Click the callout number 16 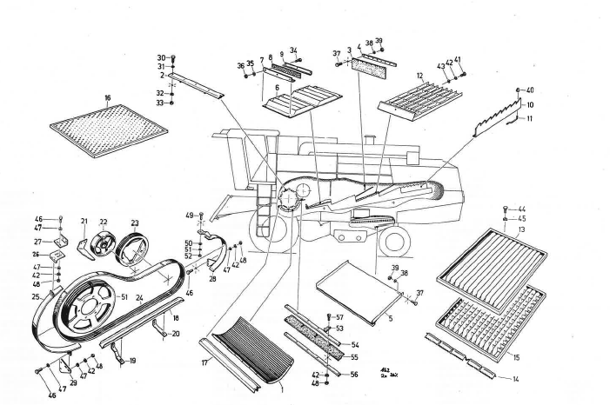click(x=107, y=98)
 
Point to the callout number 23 click(x=135, y=222)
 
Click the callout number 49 click(x=188, y=215)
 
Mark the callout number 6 click(x=277, y=88)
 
